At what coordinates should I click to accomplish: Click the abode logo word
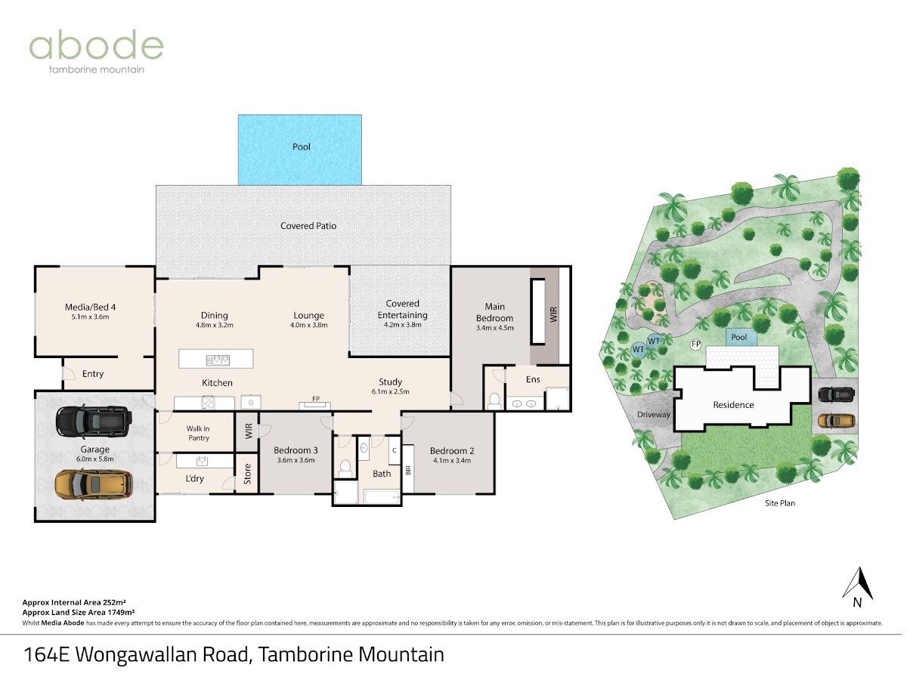coord(96,45)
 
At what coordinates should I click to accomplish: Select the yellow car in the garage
coord(94,484)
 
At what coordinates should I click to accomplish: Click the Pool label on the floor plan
coord(302,147)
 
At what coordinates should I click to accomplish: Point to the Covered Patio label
coord(308,226)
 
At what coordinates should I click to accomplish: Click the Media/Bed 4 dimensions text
coord(90,317)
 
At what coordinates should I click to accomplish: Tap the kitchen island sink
coord(218,360)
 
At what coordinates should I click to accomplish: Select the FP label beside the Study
coord(316,399)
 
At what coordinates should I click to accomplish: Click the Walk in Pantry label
coord(198,433)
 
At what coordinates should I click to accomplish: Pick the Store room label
coord(247,474)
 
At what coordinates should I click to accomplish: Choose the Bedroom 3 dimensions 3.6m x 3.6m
coord(296,460)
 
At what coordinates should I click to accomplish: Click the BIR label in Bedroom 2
coord(408,470)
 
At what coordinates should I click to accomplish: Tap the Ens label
coord(533,379)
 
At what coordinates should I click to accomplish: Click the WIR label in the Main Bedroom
coord(554,314)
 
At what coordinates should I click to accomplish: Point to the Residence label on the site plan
coord(733,405)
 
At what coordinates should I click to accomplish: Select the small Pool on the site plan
coord(741,337)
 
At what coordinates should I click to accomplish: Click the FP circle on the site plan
coord(696,344)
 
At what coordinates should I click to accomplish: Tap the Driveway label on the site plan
coord(653,415)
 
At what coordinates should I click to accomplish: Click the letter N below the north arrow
coord(857,603)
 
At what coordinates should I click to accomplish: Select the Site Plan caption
coord(780,503)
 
